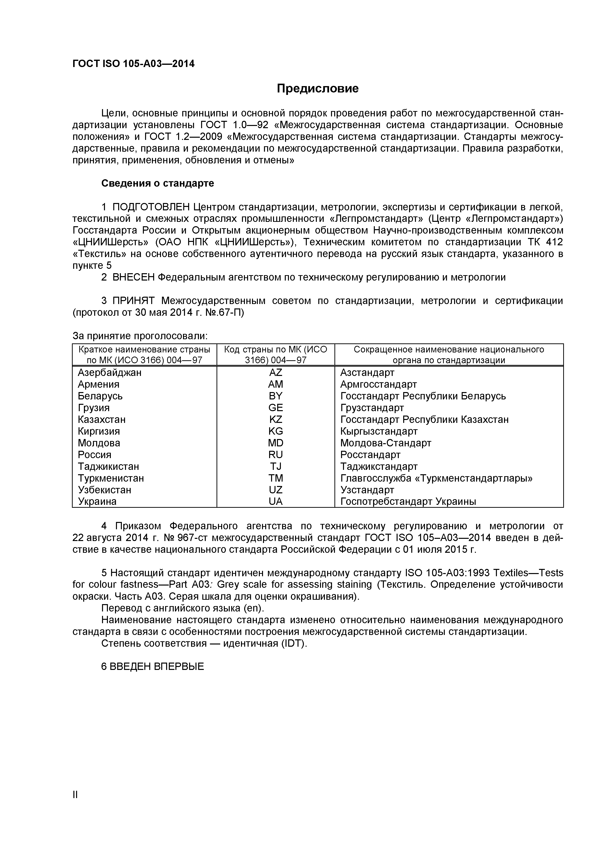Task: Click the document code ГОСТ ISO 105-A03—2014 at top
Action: click(x=133, y=64)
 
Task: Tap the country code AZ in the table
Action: click(x=275, y=373)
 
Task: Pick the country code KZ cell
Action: click(x=275, y=420)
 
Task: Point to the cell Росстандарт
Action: click(x=370, y=455)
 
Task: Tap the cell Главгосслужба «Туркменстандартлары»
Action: click(x=436, y=478)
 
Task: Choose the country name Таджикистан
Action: click(x=108, y=467)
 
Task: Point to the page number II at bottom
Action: click(x=75, y=805)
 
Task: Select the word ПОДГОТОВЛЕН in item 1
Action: click(x=151, y=207)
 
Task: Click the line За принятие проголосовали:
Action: click(x=140, y=336)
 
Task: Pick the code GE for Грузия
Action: click(x=275, y=408)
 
